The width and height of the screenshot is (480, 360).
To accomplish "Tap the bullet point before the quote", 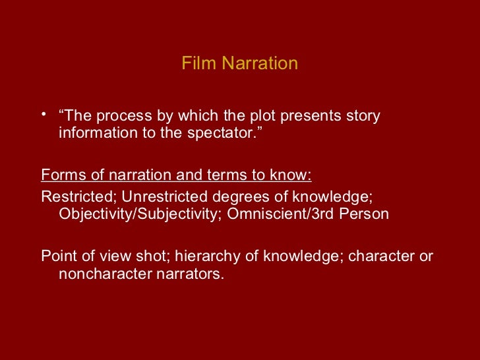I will pos(44,116).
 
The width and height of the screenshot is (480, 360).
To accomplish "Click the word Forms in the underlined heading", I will pos(61,175).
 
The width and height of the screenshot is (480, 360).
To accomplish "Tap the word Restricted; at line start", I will pos(79,196).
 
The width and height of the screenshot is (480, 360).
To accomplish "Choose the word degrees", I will pos(228,196).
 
